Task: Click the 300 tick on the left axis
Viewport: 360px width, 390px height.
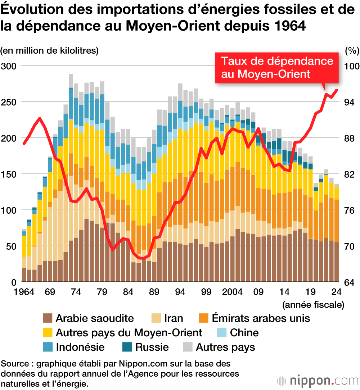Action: point(9,66)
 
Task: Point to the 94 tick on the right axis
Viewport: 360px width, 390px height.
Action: point(351,102)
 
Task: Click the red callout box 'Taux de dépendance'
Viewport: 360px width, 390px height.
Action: point(277,67)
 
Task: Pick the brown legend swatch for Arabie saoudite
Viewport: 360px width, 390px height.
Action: point(48,318)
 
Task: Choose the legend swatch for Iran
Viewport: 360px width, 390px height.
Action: point(156,318)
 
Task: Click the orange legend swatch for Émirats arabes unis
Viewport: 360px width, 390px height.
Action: point(204,318)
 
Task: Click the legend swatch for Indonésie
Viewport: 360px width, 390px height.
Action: point(48,347)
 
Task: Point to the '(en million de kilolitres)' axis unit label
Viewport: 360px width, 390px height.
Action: point(49,50)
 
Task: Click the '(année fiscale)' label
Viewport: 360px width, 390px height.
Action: point(313,305)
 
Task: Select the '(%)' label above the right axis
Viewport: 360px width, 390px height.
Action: point(352,50)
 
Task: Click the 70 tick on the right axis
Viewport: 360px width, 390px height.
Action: point(351,246)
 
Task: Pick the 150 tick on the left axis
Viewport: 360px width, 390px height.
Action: point(9,174)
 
